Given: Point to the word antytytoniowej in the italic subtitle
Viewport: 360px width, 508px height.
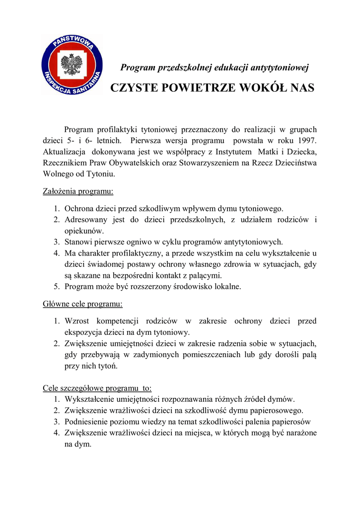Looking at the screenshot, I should pos(280,67).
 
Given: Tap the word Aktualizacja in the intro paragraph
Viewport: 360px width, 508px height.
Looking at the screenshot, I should pos(64,151).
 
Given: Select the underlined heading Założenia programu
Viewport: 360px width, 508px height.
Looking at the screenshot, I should pos(78,191).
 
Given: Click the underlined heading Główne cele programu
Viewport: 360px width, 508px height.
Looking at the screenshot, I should pos(82,304).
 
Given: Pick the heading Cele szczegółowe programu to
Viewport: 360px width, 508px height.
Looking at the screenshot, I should pos(97,388).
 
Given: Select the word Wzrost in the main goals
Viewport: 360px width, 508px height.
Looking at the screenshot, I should pos(76,321).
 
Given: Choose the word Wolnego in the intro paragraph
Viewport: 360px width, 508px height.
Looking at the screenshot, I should pos(58,174).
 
